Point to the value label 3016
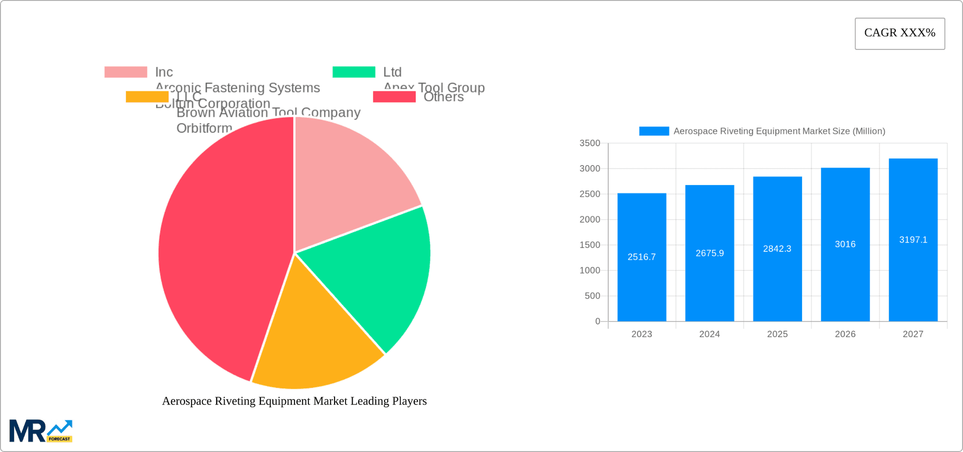(845, 244)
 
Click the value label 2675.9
(710, 253)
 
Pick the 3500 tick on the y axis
(590, 143)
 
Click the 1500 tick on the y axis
(590, 245)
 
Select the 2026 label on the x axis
(845, 334)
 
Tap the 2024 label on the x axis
(710, 334)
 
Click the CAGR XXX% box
(900, 34)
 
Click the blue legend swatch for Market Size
(654, 131)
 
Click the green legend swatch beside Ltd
(354, 72)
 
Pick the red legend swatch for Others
(394, 97)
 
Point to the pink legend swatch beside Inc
(126, 72)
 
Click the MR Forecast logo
(41, 431)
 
